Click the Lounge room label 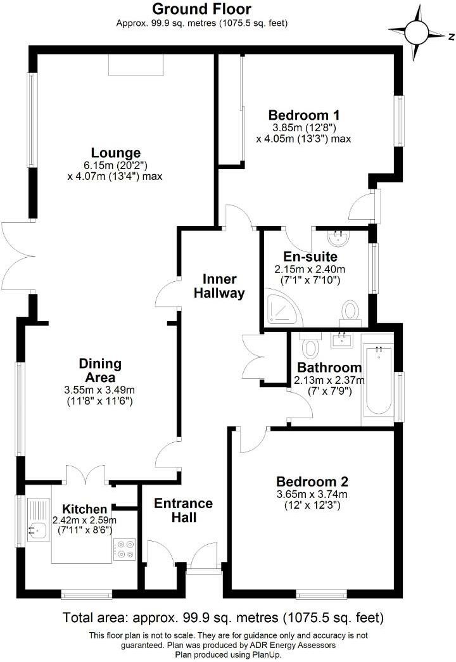(115, 153)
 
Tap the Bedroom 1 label (303, 115)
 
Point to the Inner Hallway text (219, 286)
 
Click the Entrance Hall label (184, 510)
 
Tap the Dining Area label (100, 371)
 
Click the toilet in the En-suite (350, 311)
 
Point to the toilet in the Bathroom (310, 347)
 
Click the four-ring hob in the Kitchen (123, 549)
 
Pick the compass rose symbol (416, 30)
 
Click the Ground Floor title (202, 9)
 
